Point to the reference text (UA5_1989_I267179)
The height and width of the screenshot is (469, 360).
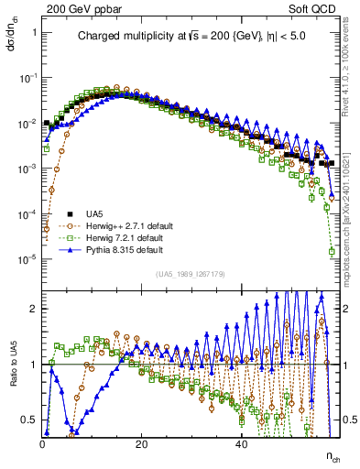coord(191,274)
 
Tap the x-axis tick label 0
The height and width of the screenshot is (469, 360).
coord(43,443)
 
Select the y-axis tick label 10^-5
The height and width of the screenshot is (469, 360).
coord(27,258)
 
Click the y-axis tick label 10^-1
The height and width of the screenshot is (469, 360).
coord(27,78)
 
